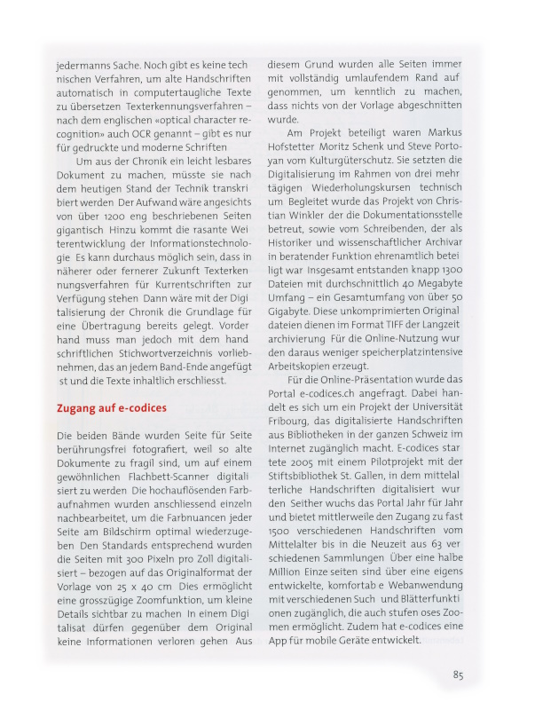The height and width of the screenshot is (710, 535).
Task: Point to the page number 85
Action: [x=458, y=674]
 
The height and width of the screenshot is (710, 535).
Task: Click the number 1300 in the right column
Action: [x=452, y=266]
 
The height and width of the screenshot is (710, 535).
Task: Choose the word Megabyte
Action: [x=439, y=280]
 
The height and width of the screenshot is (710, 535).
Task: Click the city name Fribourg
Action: [x=292, y=412]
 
